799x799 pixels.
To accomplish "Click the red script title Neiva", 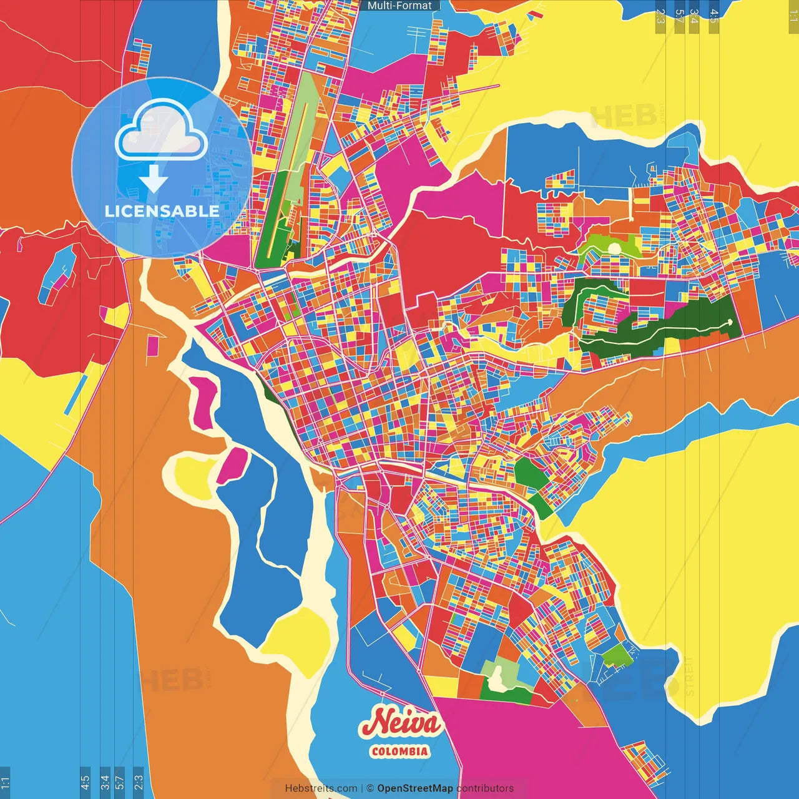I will pyautogui.click(x=400, y=723).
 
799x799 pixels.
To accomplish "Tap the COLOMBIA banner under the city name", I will pyautogui.click(x=399, y=751).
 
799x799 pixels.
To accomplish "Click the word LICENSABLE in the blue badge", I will pyautogui.click(x=162, y=211).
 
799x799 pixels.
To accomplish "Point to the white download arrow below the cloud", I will pyautogui.click(x=154, y=179).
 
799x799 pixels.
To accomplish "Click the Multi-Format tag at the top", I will pyautogui.click(x=399, y=6).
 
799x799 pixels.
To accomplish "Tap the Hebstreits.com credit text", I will pyautogui.click(x=321, y=788).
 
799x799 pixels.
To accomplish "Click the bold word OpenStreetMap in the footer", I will pyautogui.click(x=414, y=788).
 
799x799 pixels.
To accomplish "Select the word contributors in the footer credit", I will pyautogui.click(x=485, y=788).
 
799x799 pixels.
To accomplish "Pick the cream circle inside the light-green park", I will pyautogui.click(x=614, y=248).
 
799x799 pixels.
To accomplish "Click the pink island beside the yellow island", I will pyautogui.click(x=232, y=466).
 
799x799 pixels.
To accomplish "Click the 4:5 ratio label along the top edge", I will pyautogui.click(x=713, y=16).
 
